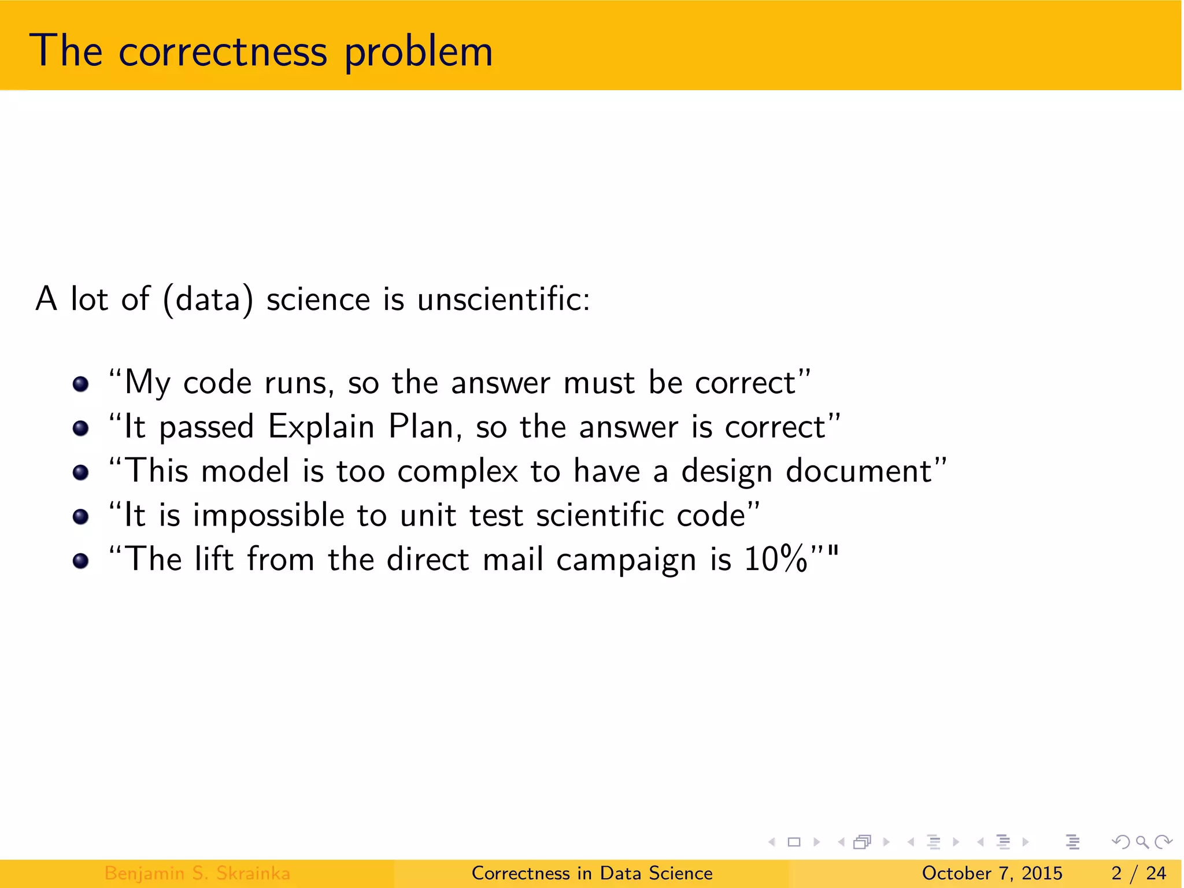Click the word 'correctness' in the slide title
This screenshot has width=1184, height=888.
(x=223, y=52)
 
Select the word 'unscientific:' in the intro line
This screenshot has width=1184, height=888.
(x=504, y=299)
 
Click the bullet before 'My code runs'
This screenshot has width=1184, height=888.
(x=81, y=384)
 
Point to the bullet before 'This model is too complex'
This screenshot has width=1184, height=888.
(x=81, y=472)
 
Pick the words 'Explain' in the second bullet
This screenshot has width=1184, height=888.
(x=321, y=428)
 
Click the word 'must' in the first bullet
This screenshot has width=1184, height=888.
(x=599, y=383)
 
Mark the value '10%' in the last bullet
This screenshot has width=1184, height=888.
(x=775, y=560)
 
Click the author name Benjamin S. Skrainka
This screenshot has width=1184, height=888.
(x=197, y=873)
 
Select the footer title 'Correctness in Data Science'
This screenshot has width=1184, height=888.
(x=592, y=873)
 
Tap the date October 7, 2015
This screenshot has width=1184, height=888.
(x=992, y=873)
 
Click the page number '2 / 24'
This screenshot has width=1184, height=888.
(x=1138, y=873)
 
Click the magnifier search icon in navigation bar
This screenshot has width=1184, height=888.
(x=1142, y=842)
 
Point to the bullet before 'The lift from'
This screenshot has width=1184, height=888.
(x=81, y=561)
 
